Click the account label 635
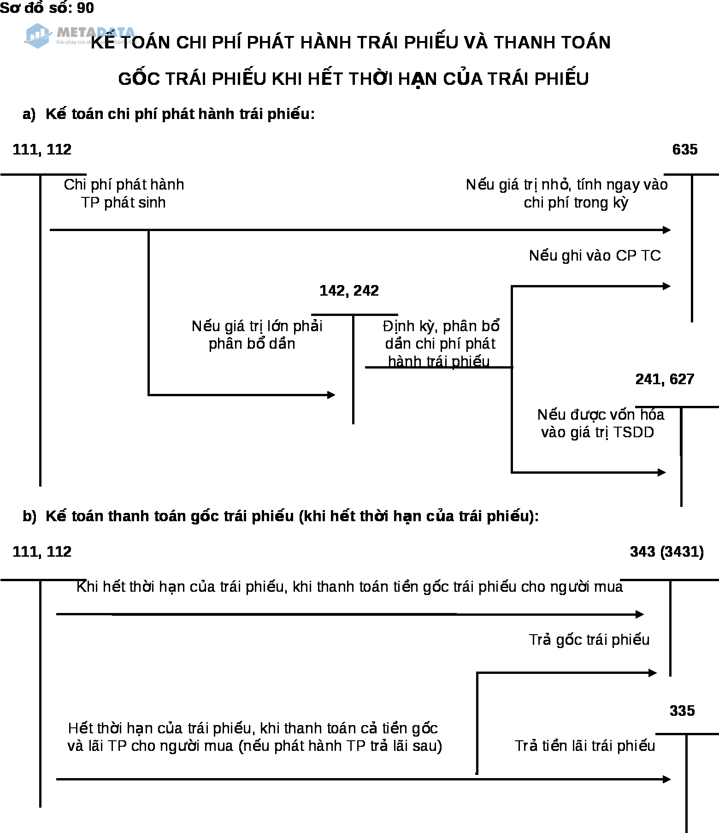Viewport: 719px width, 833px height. [x=684, y=149]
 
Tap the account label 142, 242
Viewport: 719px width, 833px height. [x=349, y=291]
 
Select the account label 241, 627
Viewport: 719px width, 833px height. [x=664, y=379]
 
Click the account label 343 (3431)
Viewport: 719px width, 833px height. [x=666, y=552]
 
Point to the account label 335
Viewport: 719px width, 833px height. [x=682, y=711]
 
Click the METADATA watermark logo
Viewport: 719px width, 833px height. [x=78, y=36]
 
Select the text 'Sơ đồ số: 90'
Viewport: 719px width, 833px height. [x=47, y=8]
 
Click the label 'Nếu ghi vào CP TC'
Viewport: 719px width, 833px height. [x=595, y=256]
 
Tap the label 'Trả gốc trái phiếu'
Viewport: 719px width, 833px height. [x=589, y=640]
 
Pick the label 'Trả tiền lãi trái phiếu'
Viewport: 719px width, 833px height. [x=584, y=746]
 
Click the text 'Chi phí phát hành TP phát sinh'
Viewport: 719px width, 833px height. [x=124, y=193]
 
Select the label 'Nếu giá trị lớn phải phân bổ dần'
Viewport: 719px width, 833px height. [x=257, y=335]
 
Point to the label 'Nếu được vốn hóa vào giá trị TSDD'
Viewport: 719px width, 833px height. [x=600, y=423]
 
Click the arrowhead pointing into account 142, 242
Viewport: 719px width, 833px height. [x=331, y=395]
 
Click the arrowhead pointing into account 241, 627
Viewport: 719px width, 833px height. [x=662, y=472]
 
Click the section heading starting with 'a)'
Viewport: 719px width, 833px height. [x=169, y=114]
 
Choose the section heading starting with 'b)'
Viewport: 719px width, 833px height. [x=280, y=516]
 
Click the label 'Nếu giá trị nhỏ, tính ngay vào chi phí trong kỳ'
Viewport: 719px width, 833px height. [x=566, y=193]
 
